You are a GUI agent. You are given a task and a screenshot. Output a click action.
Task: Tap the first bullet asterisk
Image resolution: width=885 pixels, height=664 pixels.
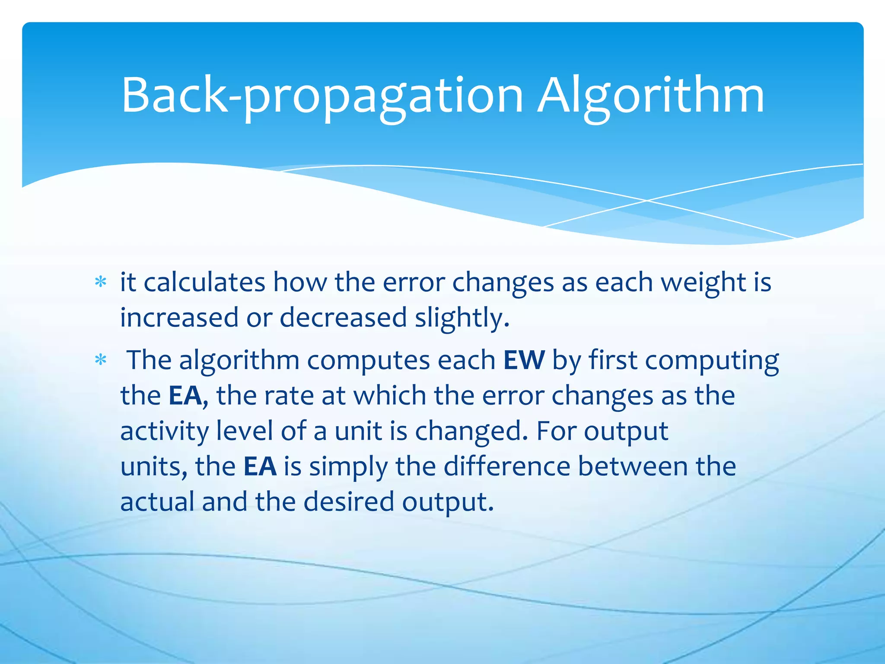(101, 282)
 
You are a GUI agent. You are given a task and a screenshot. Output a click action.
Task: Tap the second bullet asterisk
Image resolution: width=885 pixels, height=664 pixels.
(101, 360)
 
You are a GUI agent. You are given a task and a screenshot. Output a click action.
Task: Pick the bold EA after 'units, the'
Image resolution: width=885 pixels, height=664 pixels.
(260, 466)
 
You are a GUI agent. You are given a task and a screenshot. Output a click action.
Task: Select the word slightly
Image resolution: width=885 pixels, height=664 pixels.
(462, 318)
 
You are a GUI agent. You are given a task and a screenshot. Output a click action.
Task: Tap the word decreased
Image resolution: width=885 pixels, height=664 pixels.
(343, 318)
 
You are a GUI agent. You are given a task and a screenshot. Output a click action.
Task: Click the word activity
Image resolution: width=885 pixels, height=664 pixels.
(164, 431)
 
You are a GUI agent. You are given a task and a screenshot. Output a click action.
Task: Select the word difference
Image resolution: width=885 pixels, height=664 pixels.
(507, 466)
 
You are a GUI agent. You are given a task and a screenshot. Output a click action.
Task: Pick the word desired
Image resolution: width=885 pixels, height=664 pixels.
(349, 502)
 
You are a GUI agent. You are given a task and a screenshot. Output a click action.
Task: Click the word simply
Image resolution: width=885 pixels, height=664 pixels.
(348, 466)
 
